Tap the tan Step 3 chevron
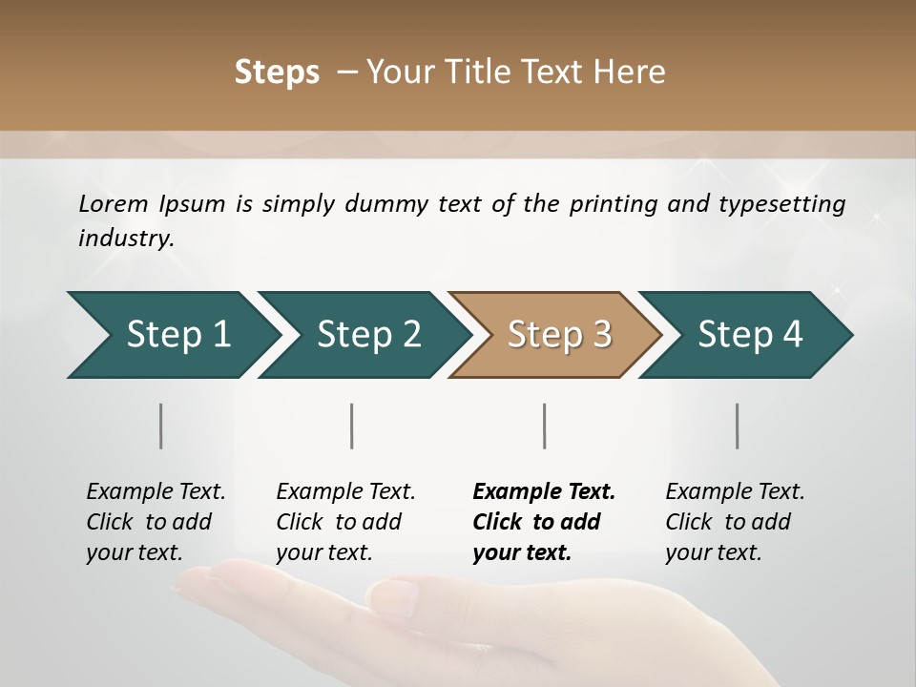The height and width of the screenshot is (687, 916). [558, 335]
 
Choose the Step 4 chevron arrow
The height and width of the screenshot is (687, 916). [749, 335]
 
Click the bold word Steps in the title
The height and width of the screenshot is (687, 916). [277, 73]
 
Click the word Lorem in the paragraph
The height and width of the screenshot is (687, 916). [113, 204]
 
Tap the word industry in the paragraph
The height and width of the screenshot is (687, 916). [126, 239]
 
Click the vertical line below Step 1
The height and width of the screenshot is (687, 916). [160, 426]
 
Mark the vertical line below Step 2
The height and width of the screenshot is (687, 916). [352, 426]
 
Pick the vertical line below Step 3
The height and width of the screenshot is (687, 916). [544, 426]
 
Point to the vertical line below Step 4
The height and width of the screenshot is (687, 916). [738, 426]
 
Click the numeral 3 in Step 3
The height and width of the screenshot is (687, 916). [601, 335]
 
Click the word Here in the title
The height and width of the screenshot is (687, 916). [630, 73]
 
